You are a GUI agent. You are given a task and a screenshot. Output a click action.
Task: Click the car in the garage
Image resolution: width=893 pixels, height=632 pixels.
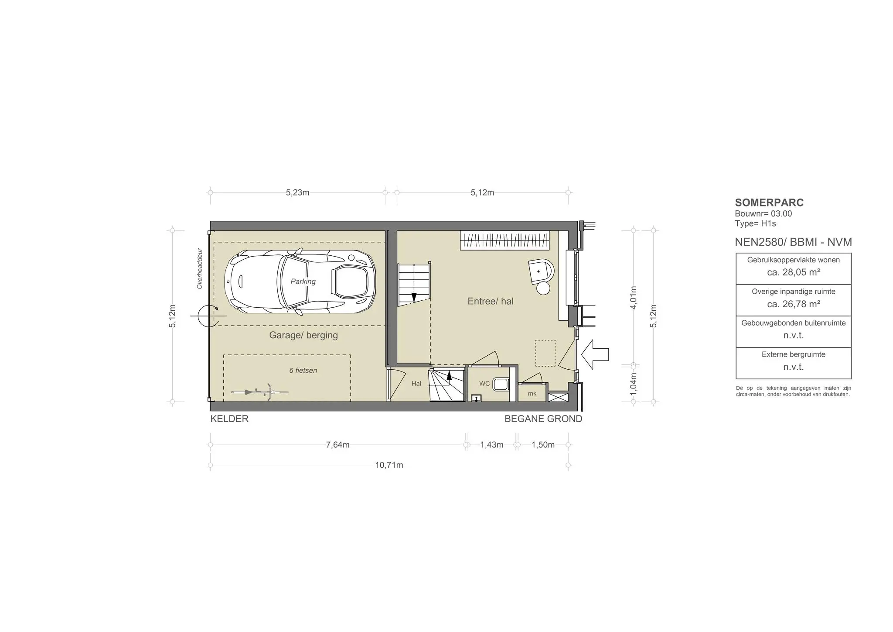(x=300, y=282)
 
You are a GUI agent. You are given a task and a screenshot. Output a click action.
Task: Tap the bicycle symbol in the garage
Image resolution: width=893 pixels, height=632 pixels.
(x=259, y=391)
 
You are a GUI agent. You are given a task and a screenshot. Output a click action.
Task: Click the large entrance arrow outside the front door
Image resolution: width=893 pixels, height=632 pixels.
(x=595, y=354)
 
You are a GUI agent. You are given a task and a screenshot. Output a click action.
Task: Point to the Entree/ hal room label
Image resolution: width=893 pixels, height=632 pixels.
(x=491, y=301)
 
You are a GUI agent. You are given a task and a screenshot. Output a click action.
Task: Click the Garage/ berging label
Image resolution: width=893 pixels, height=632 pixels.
(x=303, y=335)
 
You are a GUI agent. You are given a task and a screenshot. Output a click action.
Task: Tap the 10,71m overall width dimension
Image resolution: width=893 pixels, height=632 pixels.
(x=389, y=465)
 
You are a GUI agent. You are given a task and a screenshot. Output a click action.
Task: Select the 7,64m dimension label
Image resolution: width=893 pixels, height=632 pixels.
(x=337, y=445)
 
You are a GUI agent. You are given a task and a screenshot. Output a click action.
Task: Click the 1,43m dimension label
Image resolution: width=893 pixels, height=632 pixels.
(x=492, y=445)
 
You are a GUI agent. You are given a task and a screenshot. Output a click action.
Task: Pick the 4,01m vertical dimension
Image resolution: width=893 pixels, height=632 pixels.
(x=634, y=297)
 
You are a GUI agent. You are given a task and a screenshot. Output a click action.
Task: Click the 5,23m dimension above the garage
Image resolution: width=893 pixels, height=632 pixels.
(x=297, y=192)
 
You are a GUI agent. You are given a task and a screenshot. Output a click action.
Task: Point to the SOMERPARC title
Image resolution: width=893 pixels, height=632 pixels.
(x=769, y=203)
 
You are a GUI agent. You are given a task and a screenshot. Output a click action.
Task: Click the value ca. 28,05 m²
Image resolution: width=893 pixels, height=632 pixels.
(x=794, y=272)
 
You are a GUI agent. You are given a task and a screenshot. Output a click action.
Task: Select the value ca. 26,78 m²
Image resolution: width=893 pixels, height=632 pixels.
(x=794, y=304)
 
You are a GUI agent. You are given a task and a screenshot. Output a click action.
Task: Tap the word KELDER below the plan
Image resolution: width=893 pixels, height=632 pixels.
(x=229, y=419)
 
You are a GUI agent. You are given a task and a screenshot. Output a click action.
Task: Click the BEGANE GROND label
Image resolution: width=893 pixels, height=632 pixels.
(x=543, y=419)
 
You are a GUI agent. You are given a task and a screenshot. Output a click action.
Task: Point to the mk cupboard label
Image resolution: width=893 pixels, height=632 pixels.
(x=532, y=394)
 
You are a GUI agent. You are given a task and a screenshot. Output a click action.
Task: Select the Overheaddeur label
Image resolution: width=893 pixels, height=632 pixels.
(x=200, y=269)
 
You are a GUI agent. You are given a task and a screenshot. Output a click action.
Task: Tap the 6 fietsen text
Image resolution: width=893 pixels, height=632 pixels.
(x=303, y=371)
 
